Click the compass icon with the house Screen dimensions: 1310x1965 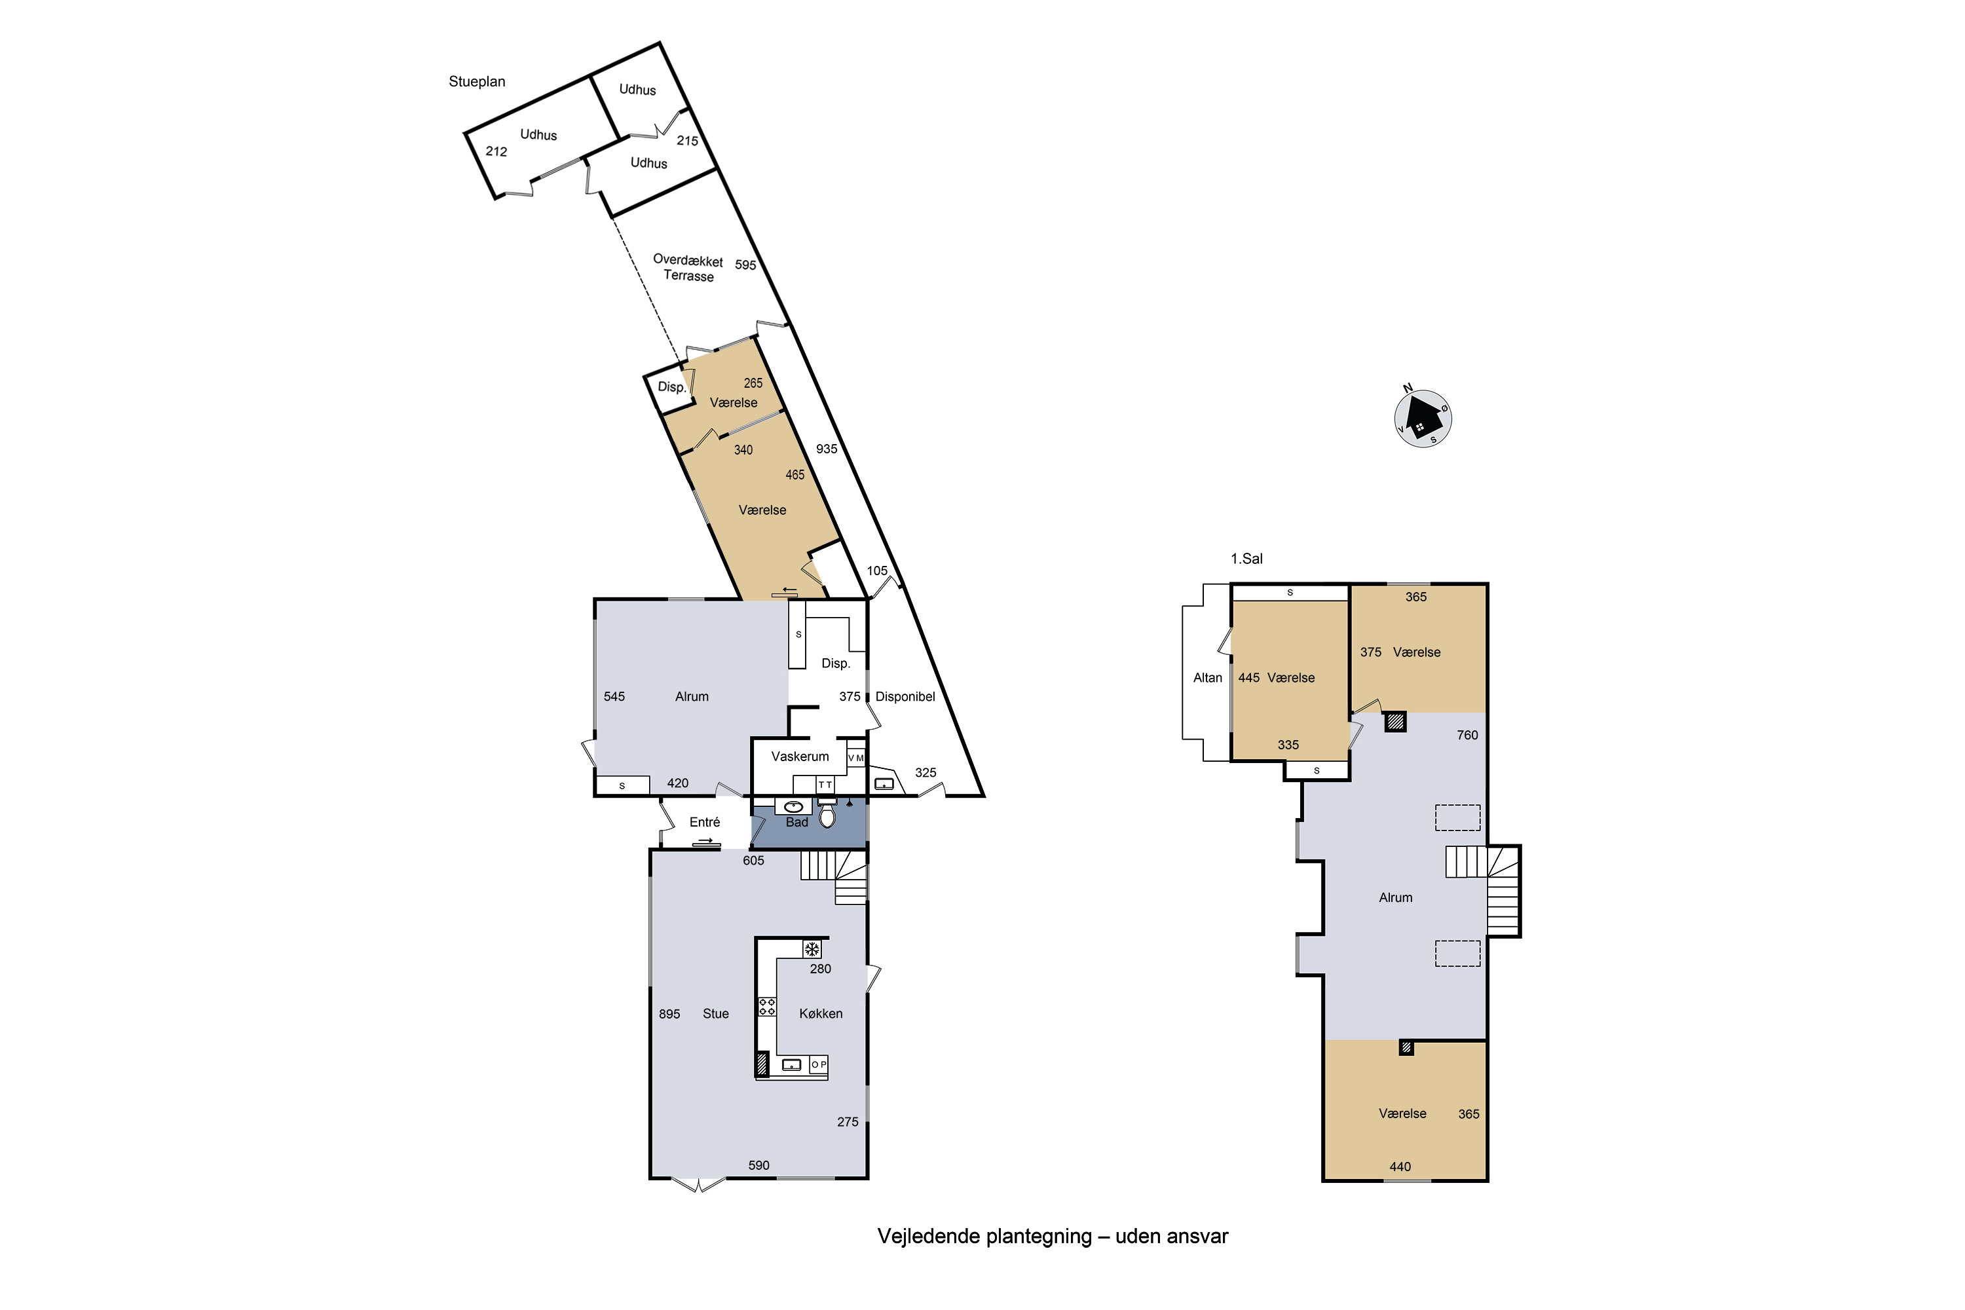click(1423, 419)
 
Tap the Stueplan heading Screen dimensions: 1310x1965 click(476, 82)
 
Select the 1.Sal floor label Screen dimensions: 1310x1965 click(1246, 559)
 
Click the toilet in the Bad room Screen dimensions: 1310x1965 click(827, 815)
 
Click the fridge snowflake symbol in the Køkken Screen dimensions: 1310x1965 click(812, 949)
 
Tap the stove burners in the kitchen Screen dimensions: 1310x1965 click(766, 1007)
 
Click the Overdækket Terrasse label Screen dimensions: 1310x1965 click(688, 268)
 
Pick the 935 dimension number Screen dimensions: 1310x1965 click(826, 449)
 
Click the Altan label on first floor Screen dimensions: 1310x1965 click(1207, 677)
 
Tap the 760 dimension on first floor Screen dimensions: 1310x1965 click(1467, 735)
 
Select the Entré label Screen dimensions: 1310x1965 click(704, 822)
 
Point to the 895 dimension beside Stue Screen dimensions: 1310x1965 click(669, 1014)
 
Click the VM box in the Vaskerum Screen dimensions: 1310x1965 click(855, 758)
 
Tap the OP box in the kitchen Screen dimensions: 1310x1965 click(819, 1064)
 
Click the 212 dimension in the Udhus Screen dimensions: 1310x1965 click(496, 151)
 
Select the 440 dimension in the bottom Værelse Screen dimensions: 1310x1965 click(1400, 1167)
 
